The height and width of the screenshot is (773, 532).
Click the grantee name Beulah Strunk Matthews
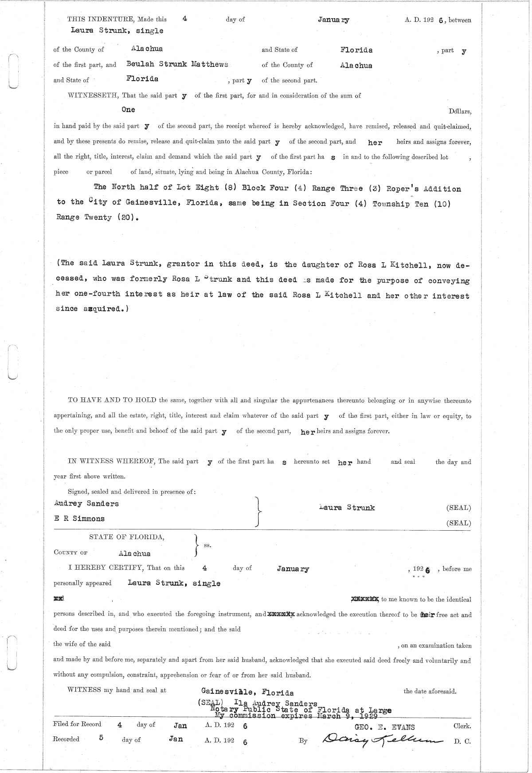177,64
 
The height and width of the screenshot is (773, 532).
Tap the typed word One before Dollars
128,109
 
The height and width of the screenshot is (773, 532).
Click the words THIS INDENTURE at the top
101,19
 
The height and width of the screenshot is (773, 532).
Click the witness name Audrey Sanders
86,504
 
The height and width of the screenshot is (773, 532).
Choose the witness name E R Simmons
79,519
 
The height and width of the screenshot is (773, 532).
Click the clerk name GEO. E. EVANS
384,727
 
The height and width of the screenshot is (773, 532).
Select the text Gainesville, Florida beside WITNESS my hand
247,692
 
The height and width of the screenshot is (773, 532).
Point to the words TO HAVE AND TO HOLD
112,400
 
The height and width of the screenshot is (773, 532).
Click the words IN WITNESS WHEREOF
111,462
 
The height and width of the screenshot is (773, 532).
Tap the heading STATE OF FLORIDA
127,537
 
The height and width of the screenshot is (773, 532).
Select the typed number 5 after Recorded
101,738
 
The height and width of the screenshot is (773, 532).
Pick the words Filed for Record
77,724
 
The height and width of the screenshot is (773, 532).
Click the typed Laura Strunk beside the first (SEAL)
347,508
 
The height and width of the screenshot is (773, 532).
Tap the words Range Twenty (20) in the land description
94,218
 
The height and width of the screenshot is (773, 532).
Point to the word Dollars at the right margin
460,112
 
